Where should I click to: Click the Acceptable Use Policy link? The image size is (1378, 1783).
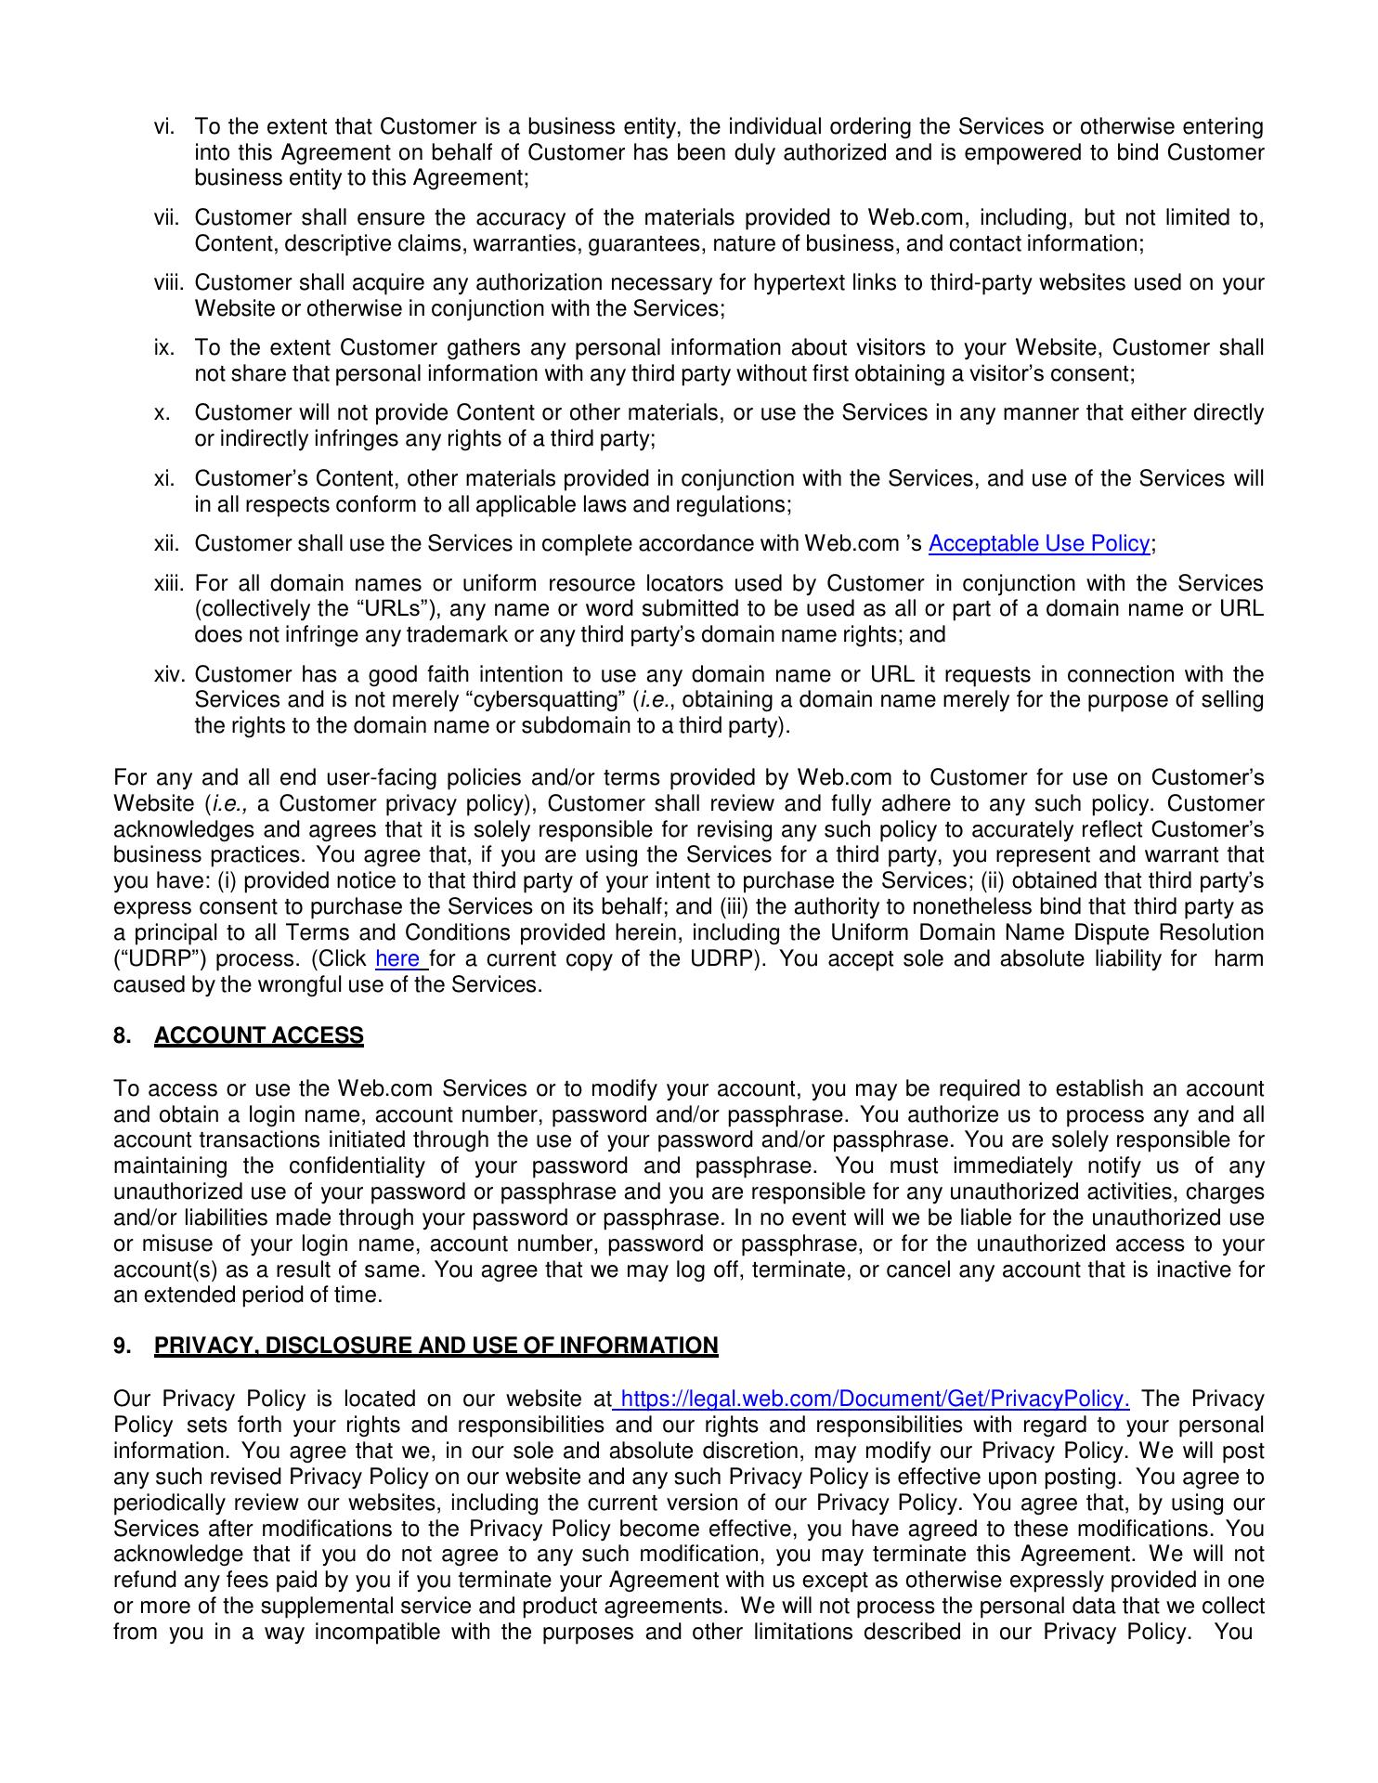pyautogui.click(x=1039, y=544)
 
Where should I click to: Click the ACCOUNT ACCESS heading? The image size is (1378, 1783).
pyautogui.click(x=259, y=1035)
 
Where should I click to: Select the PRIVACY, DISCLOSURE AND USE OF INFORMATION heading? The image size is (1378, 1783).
pyautogui.click(x=436, y=1346)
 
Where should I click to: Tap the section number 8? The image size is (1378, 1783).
pyautogui.click(x=122, y=1035)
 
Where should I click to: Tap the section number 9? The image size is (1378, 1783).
pyautogui.click(x=122, y=1346)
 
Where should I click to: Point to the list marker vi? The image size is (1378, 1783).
pyautogui.click(x=165, y=126)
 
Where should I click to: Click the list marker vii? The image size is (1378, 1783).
pyautogui.click(x=167, y=218)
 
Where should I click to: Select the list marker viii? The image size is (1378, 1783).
pyautogui.click(x=170, y=283)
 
